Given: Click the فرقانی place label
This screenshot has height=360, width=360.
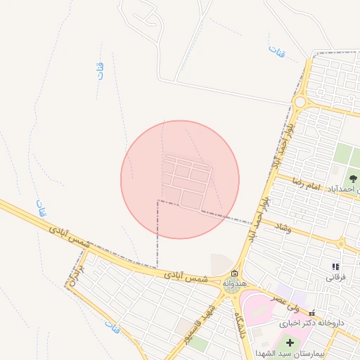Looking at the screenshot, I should pyautogui.click(x=335, y=277).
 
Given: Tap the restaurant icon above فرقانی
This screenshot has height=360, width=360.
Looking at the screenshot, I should pyautogui.click(x=335, y=266).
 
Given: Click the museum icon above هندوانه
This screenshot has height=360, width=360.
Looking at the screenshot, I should pyautogui.click(x=234, y=274).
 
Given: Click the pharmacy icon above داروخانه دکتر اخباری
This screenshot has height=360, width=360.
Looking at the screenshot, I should pyautogui.click(x=312, y=314).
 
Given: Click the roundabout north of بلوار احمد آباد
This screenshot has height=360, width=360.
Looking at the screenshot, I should pyautogui.click(x=300, y=103).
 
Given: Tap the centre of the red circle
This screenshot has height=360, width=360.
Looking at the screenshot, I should pyautogui.click(x=180, y=179).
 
